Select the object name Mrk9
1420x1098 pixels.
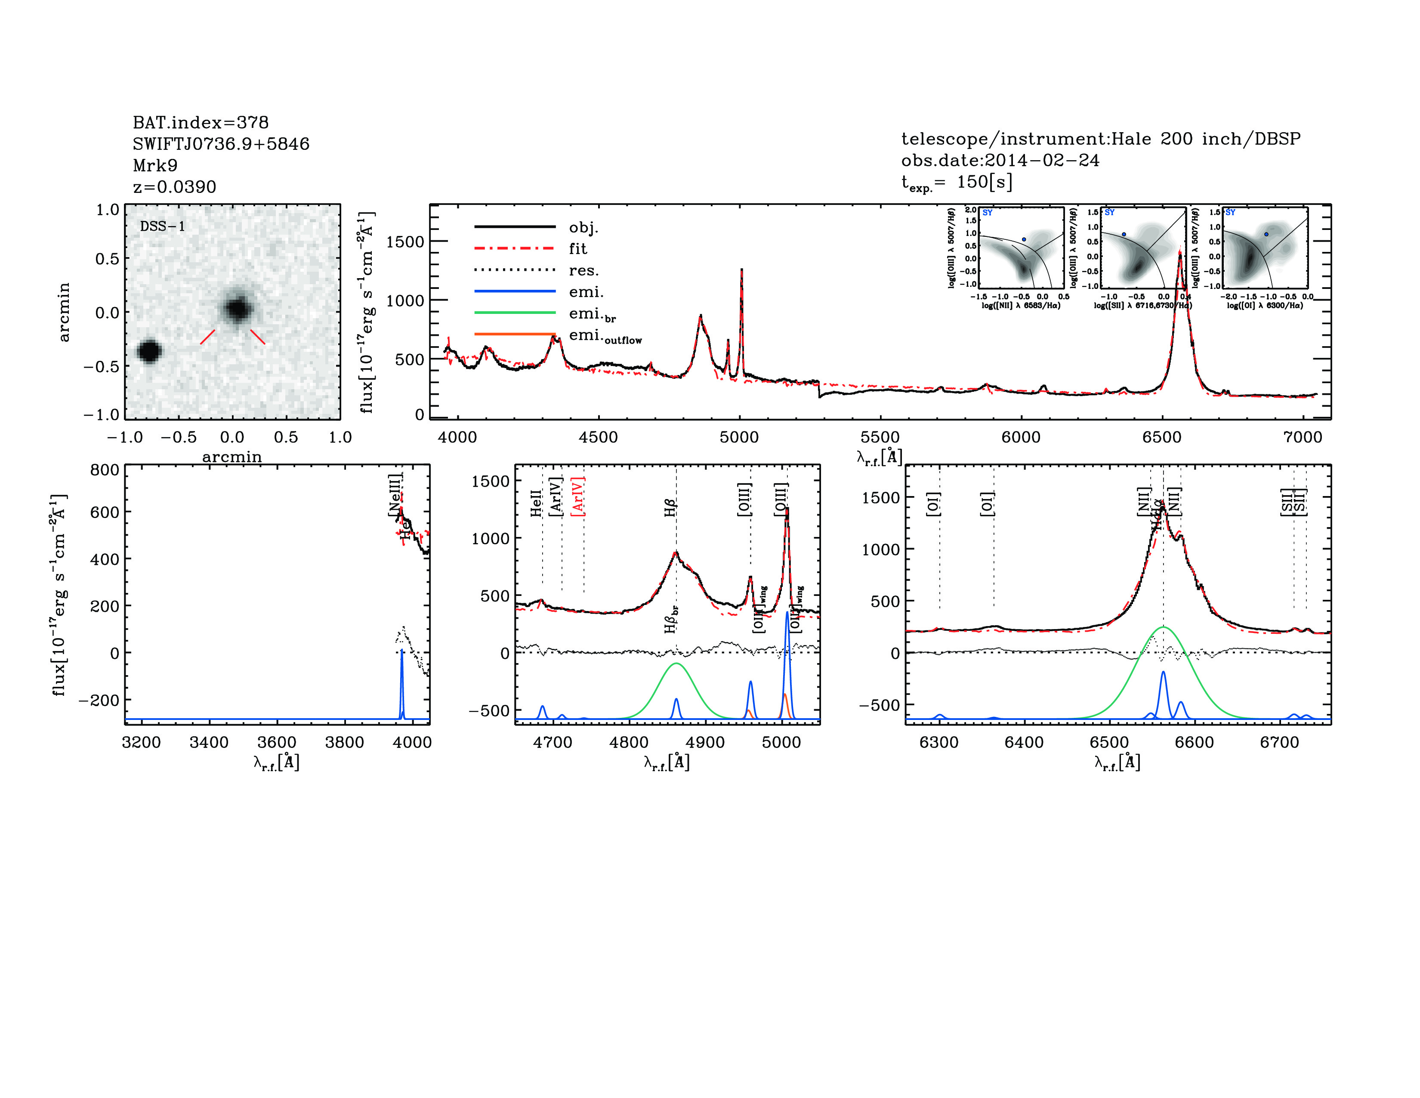click(155, 165)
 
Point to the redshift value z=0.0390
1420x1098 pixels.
click(174, 187)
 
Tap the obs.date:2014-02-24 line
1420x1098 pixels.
click(1000, 160)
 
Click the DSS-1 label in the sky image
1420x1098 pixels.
click(163, 226)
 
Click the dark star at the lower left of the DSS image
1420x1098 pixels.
click(150, 351)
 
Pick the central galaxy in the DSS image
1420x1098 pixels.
click(238, 309)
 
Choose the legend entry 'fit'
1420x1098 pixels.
click(577, 248)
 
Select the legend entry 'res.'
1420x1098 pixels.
click(583, 270)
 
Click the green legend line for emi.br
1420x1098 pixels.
click(515, 313)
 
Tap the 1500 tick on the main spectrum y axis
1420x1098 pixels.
click(405, 242)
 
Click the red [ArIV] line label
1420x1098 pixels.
click(577, 497)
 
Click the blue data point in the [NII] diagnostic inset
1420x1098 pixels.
click(1024, 239)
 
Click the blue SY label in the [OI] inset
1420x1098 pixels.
click(1230, 213)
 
